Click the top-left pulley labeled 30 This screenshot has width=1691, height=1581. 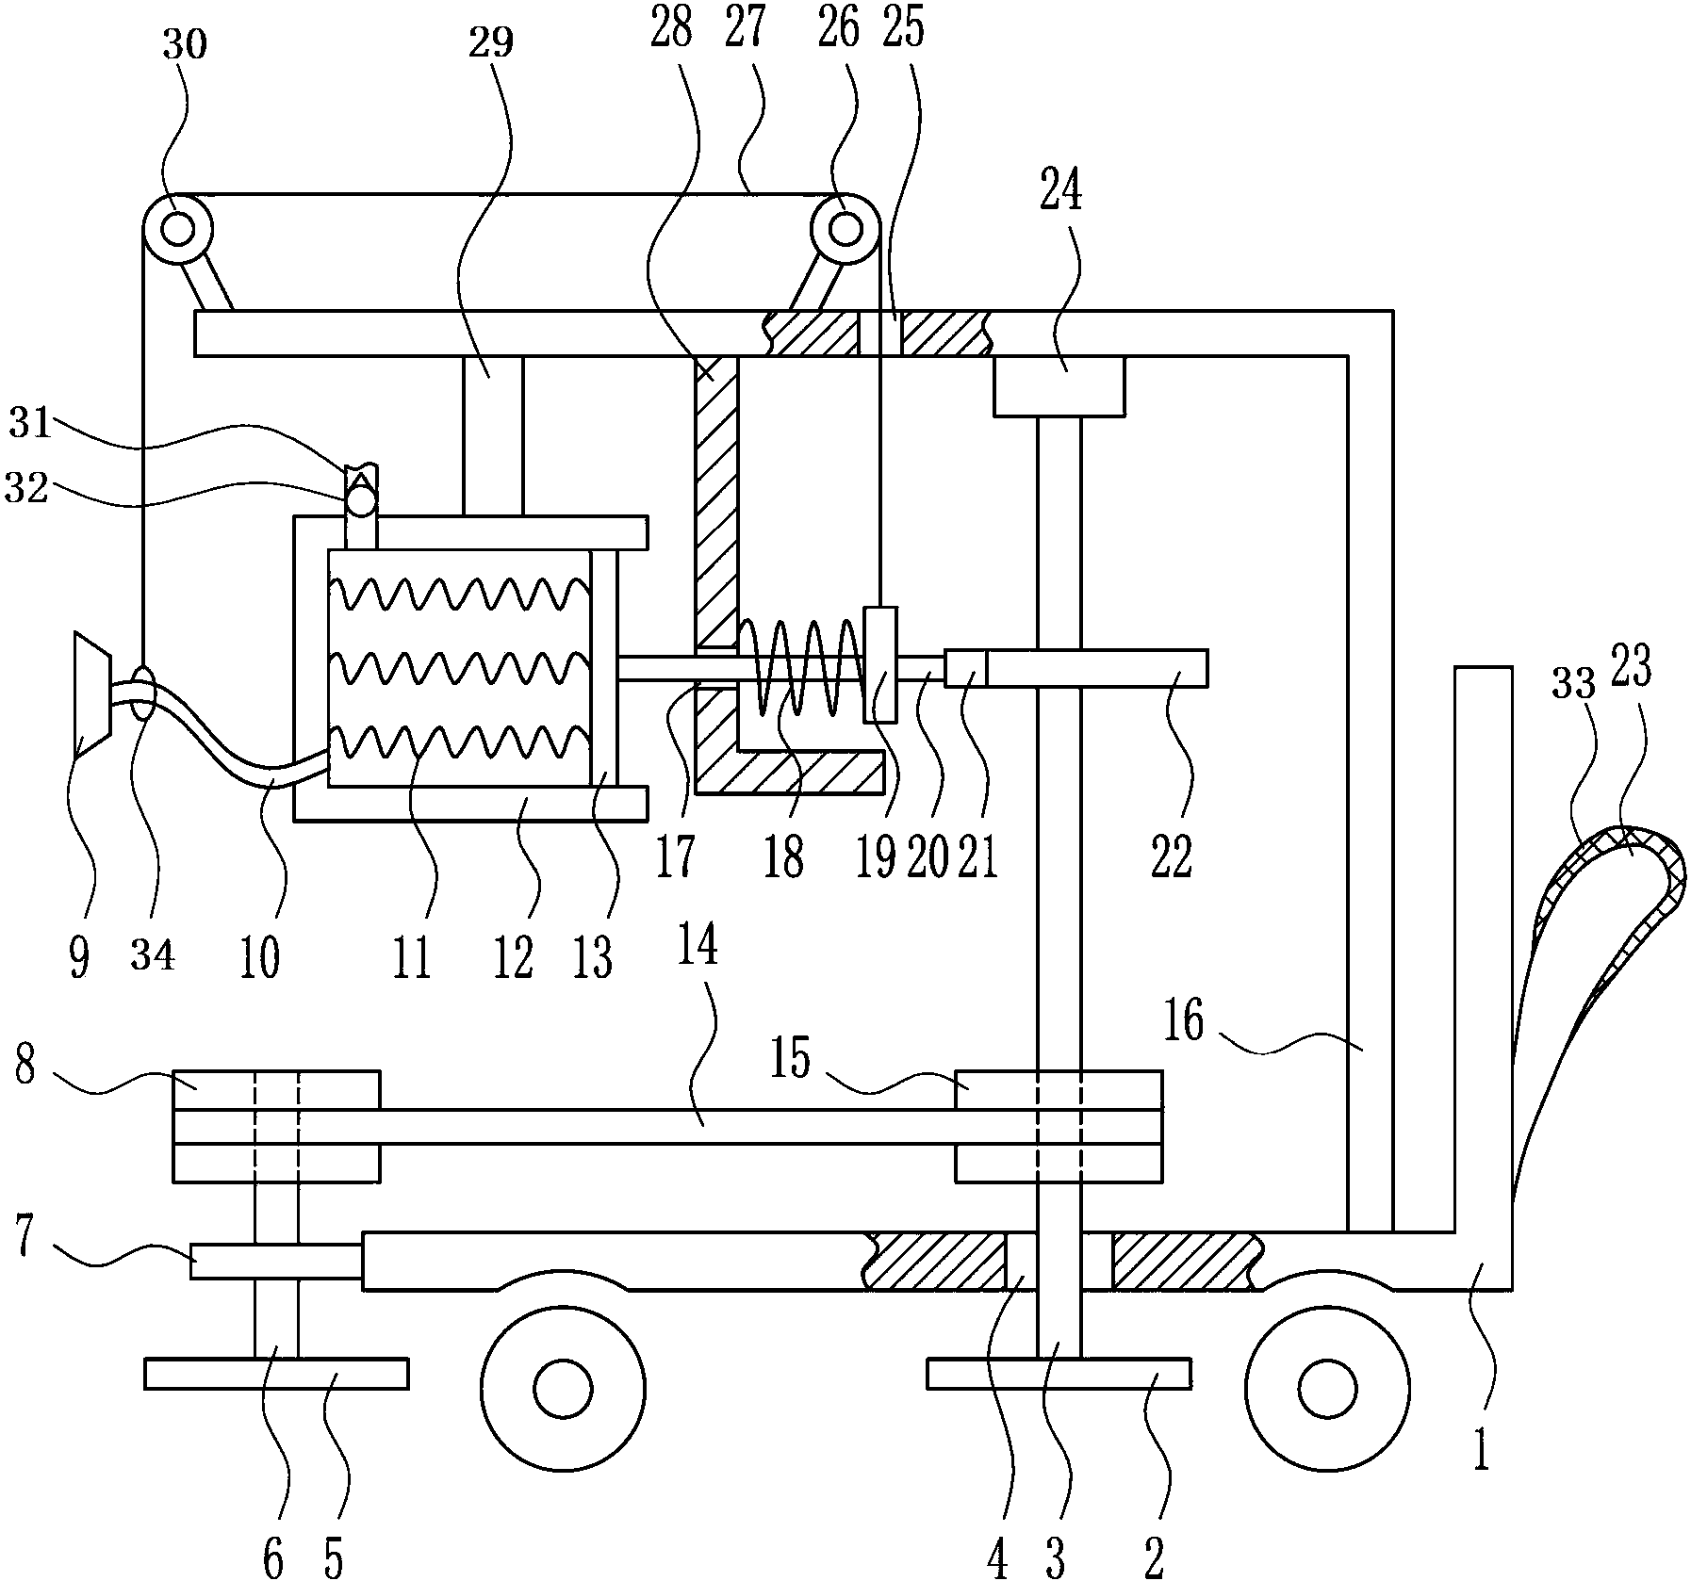[177, 229]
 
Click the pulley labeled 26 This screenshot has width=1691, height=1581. [845, 229]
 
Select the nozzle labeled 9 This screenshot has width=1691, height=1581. [92, 695]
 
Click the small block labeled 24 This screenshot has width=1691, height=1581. [1059, 386]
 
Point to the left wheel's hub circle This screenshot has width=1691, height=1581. [563, 1388]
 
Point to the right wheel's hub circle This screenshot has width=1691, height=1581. [1326, 1388]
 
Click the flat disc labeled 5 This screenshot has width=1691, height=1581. [276, 1373]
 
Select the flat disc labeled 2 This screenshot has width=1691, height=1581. [1059, 1373]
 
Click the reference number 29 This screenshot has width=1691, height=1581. [490, 42]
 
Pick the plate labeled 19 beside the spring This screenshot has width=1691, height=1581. [880, 664]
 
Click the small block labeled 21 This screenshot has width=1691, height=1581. [965, 668]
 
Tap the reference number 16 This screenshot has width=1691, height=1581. [1184, 1021]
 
